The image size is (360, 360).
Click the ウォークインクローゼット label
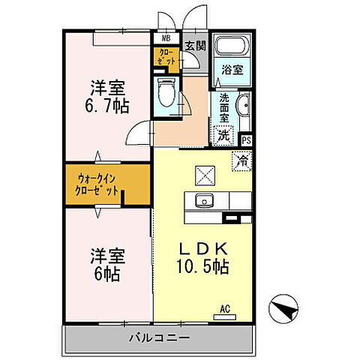97,184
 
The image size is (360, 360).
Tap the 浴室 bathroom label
231,70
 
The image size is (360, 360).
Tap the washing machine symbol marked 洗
223,136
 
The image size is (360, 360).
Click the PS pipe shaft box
247,139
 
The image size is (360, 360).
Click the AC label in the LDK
224,307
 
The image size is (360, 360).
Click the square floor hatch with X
205,175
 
